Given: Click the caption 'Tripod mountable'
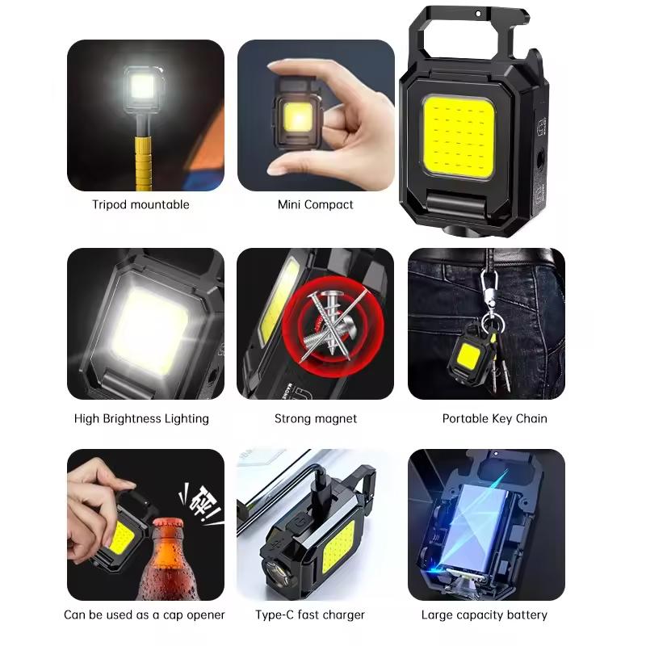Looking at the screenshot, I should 141,204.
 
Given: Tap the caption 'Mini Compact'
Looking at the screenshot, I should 315,204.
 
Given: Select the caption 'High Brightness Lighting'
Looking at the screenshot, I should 141,418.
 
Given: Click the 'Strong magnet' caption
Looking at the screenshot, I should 315,418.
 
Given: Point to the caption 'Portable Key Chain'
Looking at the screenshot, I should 494,418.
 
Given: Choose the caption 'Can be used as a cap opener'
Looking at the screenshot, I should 145,615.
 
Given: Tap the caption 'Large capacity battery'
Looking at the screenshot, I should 484,615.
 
